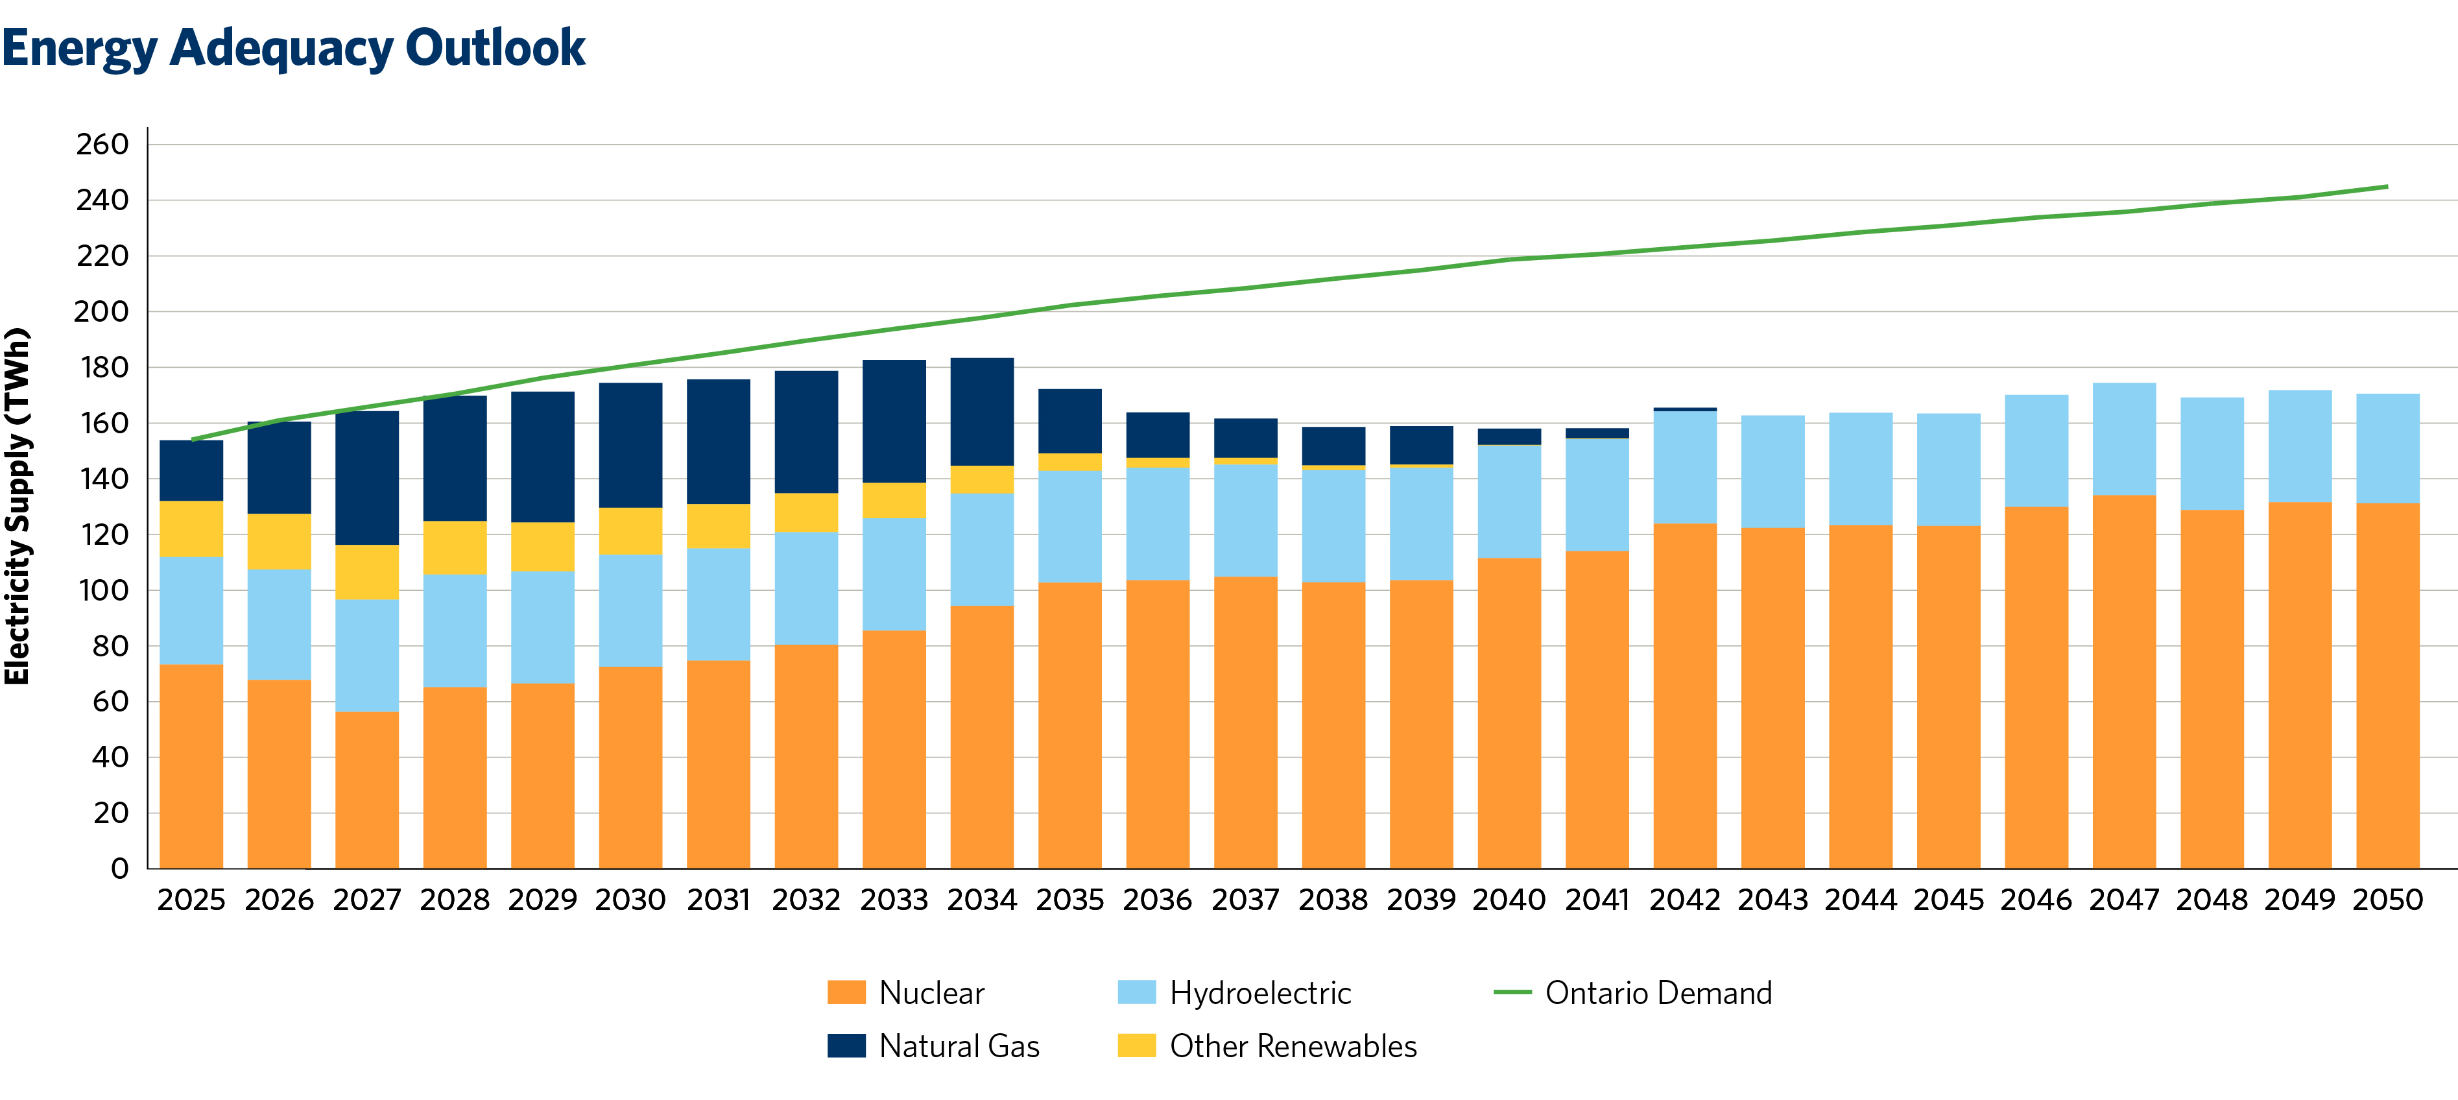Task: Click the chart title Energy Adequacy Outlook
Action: pos(293,48)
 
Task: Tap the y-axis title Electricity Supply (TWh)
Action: pos(17,506)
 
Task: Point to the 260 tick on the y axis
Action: pos(102,144)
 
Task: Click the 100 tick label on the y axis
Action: pos(102,591)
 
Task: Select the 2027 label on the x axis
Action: pos(366,900)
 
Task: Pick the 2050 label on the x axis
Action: pos(2387,900)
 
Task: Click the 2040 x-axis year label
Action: pos(1509,900)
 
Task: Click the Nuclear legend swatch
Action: pos(846,992)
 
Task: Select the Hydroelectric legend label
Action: pos(1259,992)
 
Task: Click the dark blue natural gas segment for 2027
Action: pos(366,477)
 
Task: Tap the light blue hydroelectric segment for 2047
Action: pos(2124,439)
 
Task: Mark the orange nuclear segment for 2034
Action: pos(982,735)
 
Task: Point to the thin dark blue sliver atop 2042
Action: pos(1684,409)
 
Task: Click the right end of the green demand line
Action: pos(2385,187)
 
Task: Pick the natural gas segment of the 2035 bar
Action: pos(1069,421)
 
